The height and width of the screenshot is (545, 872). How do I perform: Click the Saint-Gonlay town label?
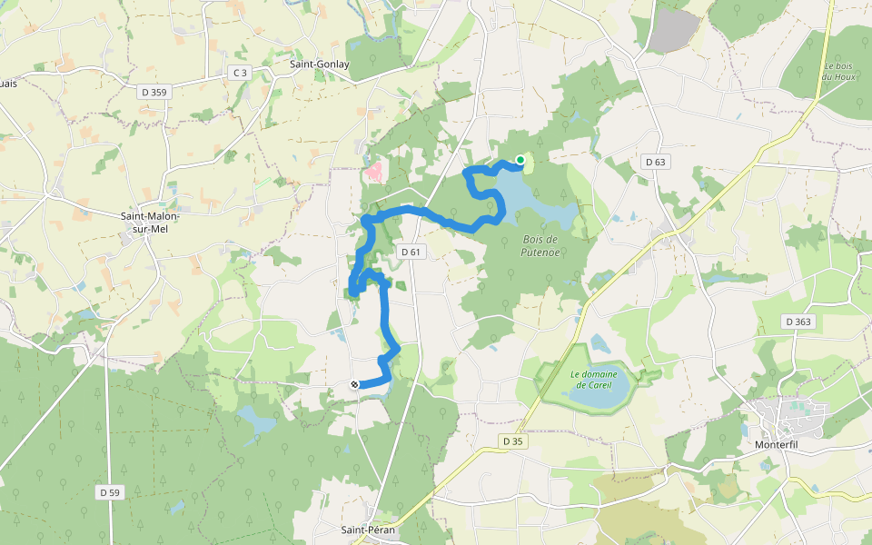[x=319, y=64]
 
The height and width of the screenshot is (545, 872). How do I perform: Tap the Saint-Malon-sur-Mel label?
[x=150, y=222]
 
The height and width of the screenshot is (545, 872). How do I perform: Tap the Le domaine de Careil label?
[x=594, y=379]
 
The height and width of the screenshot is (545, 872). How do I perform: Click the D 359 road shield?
[x=154, y=91]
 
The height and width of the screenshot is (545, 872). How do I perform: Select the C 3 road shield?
[x=239, y=73]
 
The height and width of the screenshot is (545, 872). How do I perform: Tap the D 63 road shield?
[x=654, y=162]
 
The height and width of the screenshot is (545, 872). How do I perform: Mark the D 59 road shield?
[x=109, y=492]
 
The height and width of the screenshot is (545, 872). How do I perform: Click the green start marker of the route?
[x=520, y=160]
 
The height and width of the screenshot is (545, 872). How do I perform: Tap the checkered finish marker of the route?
[x=354, y=384]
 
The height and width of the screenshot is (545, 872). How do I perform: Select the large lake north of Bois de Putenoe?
[x=536, y=200]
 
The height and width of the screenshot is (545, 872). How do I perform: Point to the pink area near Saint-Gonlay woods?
[x=373, y=170]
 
